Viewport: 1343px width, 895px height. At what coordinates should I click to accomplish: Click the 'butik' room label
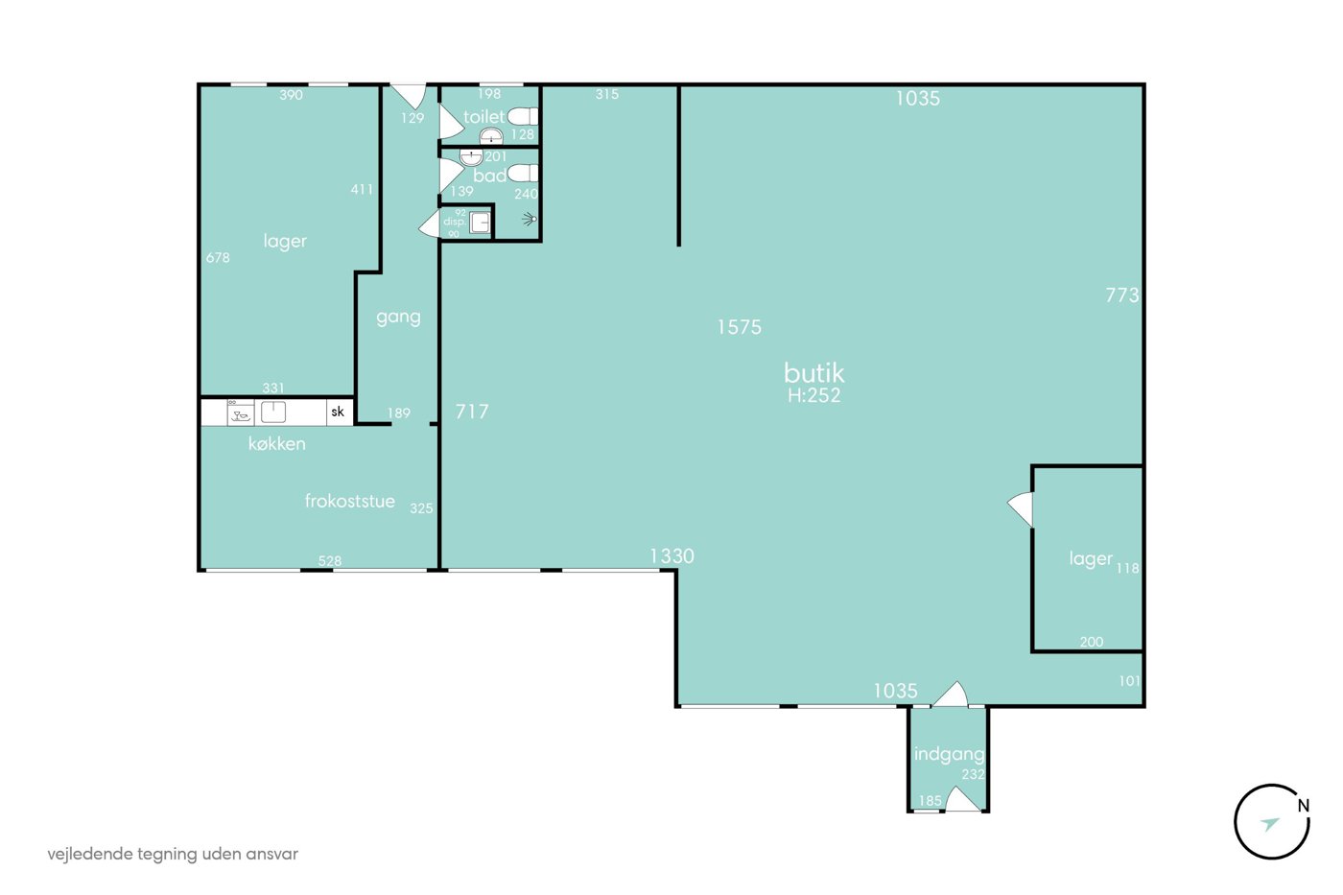813,373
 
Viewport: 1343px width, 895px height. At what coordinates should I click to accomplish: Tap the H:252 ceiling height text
813,395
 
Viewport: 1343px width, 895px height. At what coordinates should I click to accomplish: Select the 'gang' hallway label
398,317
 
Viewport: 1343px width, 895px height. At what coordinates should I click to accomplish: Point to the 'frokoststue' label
349,501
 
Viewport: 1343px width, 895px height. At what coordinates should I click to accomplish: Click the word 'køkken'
277,443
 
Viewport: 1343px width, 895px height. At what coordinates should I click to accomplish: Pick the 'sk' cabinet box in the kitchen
338,412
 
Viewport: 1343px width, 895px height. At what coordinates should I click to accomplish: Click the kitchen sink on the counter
273,412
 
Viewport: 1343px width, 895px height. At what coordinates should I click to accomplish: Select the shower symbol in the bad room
530,219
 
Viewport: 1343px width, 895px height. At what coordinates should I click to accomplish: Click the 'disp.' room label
455,222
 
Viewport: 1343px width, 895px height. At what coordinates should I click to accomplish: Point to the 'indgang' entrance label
949,754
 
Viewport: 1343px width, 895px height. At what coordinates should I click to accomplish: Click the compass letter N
1303,806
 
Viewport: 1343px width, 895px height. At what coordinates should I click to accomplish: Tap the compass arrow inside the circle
1270,824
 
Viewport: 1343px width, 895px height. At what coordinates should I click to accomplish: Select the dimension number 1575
740,327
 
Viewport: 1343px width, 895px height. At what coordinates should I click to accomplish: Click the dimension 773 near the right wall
1121,294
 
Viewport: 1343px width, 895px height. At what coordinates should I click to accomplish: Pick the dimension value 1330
671,556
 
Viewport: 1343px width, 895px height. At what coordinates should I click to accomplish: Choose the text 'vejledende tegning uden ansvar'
173,855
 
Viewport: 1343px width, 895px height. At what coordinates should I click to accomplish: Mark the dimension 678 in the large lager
218,258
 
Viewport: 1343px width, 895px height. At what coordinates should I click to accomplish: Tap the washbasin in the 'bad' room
471,157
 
